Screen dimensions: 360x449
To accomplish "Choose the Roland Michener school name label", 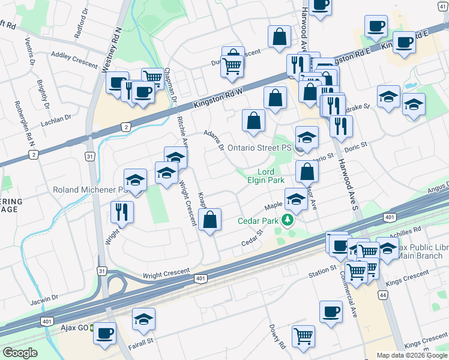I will (x=89, y=190).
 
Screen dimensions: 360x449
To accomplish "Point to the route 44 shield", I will (x=382, y=295).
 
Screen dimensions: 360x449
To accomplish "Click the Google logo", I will (x=20, y=353).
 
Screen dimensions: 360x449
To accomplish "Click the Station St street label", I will (x=322, y=270).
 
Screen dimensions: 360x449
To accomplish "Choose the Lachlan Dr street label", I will (x=56, y=119).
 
